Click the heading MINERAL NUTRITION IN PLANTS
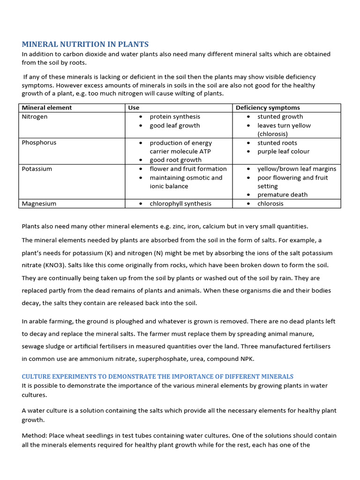(x=85, y=45)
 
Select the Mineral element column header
(x=47, y=108)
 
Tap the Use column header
(x=134, y=108)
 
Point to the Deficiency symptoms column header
(x=268, y=108)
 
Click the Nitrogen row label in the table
(x=35, y=117)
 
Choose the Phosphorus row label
(x=39, y=143)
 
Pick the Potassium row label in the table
(x=37, y=169)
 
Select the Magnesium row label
(x=39, y=204)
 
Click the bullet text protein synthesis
(x=175, y=117)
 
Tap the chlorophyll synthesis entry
(x=180, y=204)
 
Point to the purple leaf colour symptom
(x=283, y=151)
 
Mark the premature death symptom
(x=282, y=195)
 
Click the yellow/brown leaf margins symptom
(x=297, y=169)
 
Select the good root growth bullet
(x=175, y=160)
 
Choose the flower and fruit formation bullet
(x=188, y=169)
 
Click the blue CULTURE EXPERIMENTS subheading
(x=157, y=376)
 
